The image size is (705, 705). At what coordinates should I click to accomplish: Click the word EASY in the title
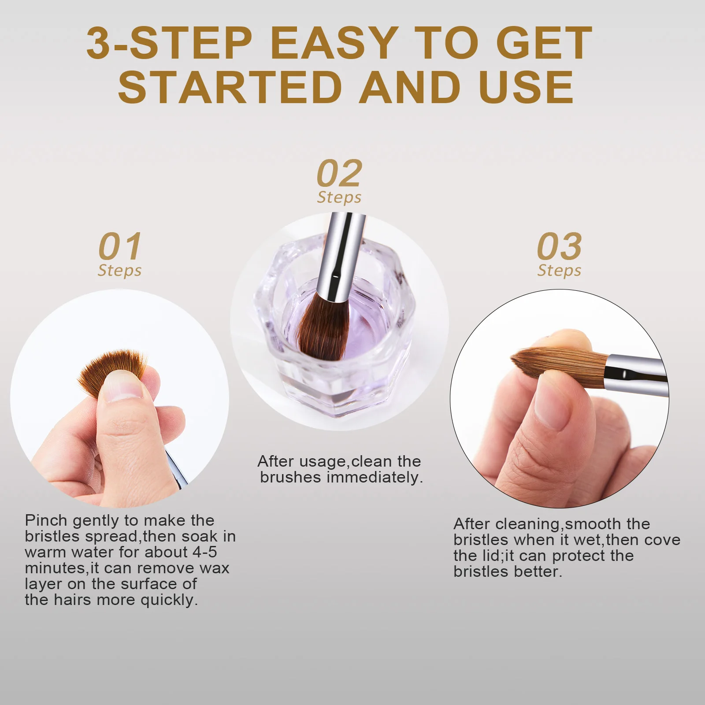[334, 43]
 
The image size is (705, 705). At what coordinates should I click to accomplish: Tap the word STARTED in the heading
[230, 88]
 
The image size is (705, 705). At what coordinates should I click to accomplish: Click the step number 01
[120, 247]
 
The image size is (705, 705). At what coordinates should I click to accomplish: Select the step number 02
[339, 174]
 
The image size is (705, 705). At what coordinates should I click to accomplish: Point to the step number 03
[559, 247]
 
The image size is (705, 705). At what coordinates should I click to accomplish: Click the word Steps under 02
[339, 197]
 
